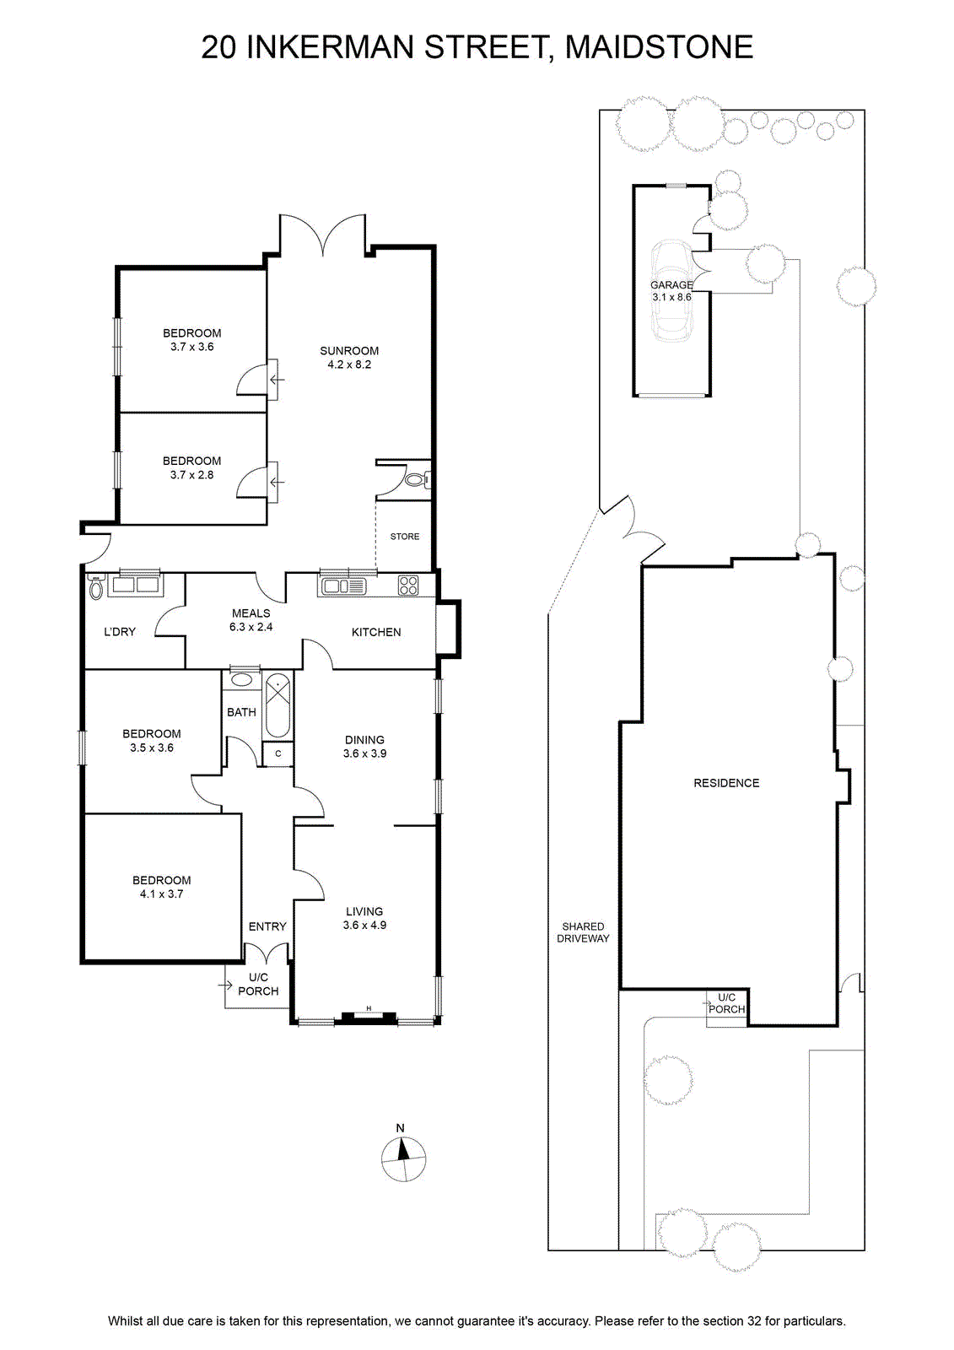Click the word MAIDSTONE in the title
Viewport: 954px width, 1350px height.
click(x=659, y=47)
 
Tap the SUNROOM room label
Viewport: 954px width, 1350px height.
click(x=349, y=351)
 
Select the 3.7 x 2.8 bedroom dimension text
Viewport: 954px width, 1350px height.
click(x=191, y=475)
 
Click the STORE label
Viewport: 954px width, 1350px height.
click(x=404, y=537)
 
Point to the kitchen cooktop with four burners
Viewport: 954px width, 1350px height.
click(x=408, y=586)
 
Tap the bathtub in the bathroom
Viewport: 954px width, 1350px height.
click(x=278, y=706)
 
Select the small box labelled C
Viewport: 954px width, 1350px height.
click(x=278, y=753)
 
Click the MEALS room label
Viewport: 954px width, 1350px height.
click(x=251, y=613)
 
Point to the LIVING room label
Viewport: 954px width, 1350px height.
click(x=364, y=911)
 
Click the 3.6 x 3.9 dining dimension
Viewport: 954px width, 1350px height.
click(x=364, y=753)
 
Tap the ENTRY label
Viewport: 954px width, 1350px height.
click(x=267, y=926)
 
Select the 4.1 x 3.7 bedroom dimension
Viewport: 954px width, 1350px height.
click(x=161, y=894)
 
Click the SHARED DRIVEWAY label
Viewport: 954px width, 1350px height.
click(x=583, y=932)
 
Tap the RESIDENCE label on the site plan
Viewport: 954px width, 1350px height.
click(x=726, y=783)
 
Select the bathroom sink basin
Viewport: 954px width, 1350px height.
click(x=242, y=680)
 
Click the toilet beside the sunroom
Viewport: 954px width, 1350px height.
click(x=418, y=480)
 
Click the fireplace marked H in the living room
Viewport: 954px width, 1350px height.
click(x=369, y=1017)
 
